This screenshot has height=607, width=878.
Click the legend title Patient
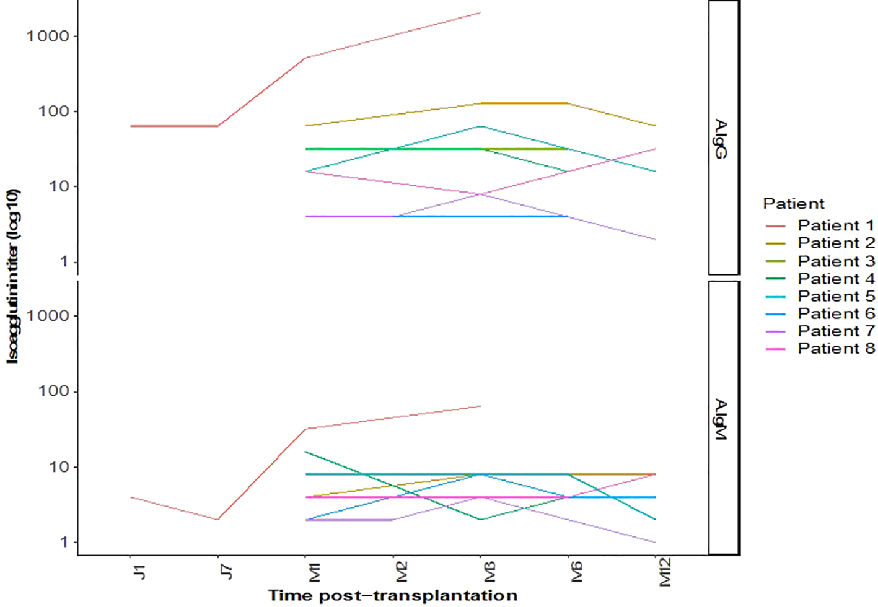point(793,204)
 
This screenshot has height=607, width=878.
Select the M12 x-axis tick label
point(664,572)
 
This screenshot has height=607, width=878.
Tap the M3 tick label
point(489,572)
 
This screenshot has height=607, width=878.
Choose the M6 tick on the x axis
point(576,572)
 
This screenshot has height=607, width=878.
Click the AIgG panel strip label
point(721,139)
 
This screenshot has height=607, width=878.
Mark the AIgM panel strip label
point(721,419)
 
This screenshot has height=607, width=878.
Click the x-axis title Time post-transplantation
point(392,596)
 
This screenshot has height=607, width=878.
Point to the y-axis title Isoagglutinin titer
point(13,276)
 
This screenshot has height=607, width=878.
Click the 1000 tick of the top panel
point(48,37)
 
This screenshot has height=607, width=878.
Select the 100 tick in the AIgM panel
point(53,391)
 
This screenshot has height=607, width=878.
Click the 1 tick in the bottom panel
point(64,543)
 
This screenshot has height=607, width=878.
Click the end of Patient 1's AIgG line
point(480,12)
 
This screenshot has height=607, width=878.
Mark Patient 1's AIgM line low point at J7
point(217,520)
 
